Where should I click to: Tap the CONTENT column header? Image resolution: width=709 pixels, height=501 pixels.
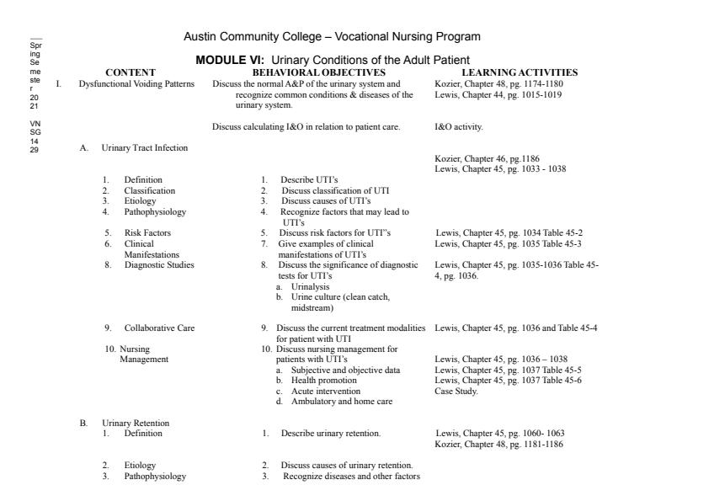click(131, 72)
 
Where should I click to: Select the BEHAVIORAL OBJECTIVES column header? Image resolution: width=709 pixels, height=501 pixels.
click(319, 72)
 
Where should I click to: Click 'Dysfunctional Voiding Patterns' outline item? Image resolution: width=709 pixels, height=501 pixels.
click(136, 84)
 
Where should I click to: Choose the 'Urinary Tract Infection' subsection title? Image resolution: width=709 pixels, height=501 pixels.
click(145, 148)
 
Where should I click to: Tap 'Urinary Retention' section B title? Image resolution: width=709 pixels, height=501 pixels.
click(136, 423)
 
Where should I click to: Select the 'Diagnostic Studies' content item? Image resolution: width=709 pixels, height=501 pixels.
click(159, 264)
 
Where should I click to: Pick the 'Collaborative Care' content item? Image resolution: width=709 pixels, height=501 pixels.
click(159, 328)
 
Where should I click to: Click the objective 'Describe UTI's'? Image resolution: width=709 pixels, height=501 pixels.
click(309, 179)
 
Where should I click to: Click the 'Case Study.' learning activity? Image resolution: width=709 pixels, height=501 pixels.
click(456, 391)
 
